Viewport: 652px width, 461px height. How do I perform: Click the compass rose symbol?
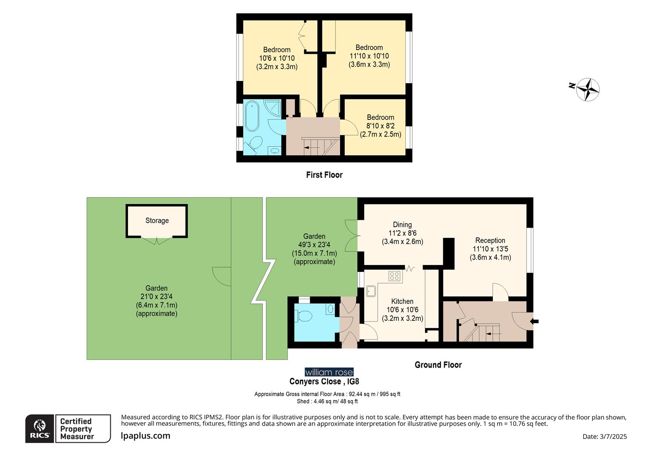tap(588, 90)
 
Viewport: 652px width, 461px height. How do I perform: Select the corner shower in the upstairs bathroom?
tap(273, 108)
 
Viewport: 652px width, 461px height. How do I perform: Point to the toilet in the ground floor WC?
tap(304, 316)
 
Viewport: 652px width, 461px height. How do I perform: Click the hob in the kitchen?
tap(395, 276)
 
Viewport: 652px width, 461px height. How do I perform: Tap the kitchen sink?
tap(371, 291)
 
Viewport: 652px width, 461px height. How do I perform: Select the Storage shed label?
tap(157, 221)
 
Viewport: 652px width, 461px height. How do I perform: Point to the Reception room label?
tap(490, 240)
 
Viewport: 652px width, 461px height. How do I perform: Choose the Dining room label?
tap(402, 225)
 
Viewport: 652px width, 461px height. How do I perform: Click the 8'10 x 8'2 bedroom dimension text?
tap(380, 126)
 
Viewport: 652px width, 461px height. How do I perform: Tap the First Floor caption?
tap(324, 175)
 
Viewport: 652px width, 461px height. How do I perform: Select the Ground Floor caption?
tap(438, 365)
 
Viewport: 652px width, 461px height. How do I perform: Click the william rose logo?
tap(329, 372)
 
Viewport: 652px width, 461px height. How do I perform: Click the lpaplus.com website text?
tap(146, 436)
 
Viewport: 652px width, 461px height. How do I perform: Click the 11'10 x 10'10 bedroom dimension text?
tap(369, 56)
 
